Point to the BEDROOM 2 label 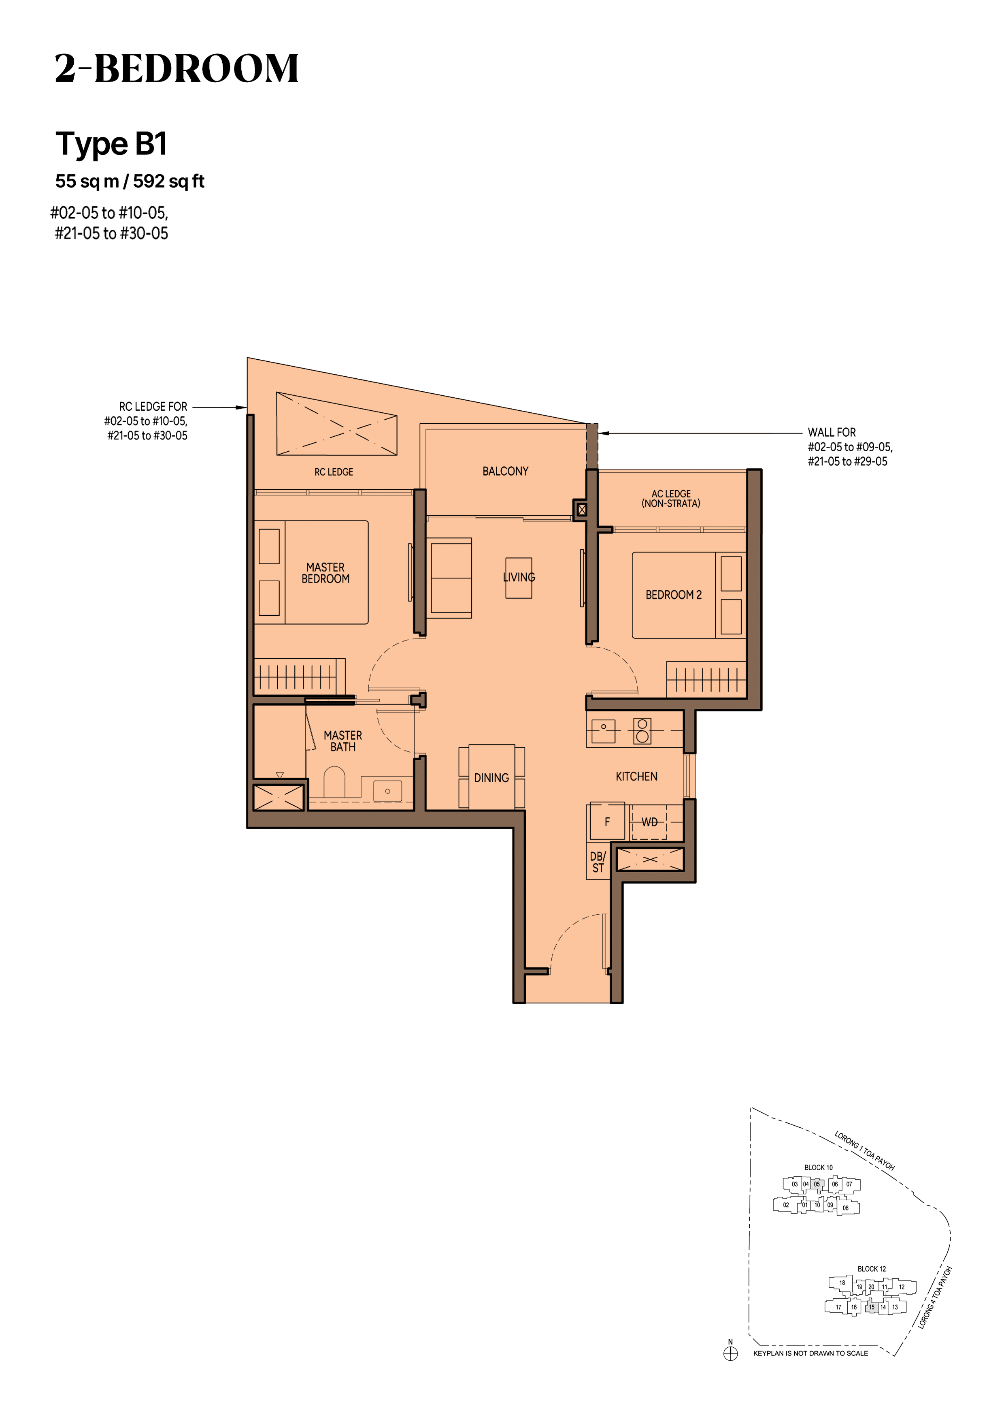674,595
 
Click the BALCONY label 505,471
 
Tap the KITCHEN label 636,776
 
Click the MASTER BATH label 343,741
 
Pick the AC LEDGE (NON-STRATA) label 671,498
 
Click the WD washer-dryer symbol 649,822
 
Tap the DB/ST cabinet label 598,862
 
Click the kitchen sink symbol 603,731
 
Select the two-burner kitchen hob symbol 643,730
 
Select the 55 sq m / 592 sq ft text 130,181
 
